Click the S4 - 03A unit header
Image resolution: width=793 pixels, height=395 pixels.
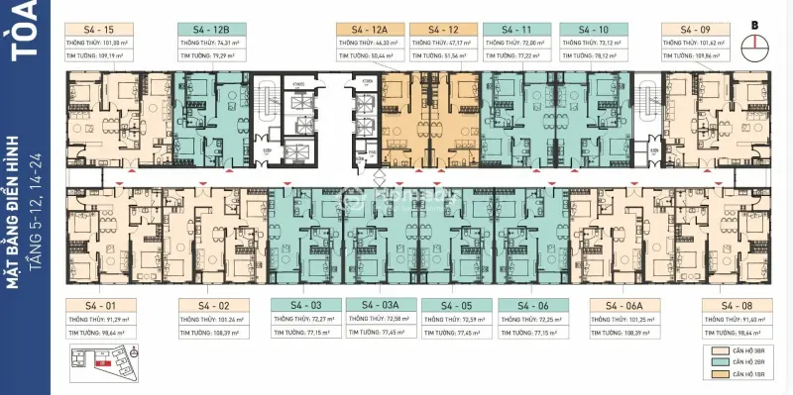381,305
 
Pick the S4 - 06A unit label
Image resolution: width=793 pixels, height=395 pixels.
625,305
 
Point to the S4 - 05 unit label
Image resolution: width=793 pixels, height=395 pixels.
456,305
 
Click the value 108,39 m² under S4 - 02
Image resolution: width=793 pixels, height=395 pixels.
241,335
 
